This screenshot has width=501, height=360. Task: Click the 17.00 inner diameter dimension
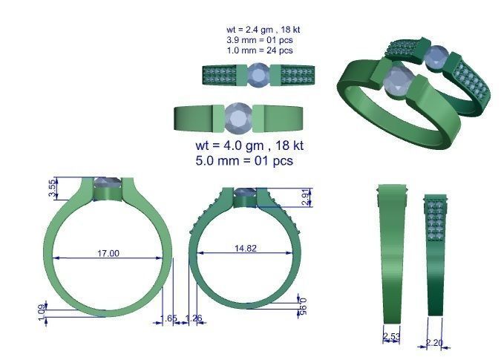point(108,253)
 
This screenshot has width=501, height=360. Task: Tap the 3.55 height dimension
point(51,189)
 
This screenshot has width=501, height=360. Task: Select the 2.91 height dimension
point(307,197)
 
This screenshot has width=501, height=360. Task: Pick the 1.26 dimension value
point(193,318)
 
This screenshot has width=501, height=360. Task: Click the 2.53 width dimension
point(391,338)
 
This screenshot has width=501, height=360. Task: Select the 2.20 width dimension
point(435,342)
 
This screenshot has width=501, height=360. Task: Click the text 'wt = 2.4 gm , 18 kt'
point(263,30)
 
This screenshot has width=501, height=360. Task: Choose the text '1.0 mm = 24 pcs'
point(259,50)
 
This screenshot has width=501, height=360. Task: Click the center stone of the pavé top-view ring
point(259,75)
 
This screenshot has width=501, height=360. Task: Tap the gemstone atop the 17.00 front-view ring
point(108,183)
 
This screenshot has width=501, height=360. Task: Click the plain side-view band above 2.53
point(392,252)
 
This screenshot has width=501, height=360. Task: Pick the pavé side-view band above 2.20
point(436,252)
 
